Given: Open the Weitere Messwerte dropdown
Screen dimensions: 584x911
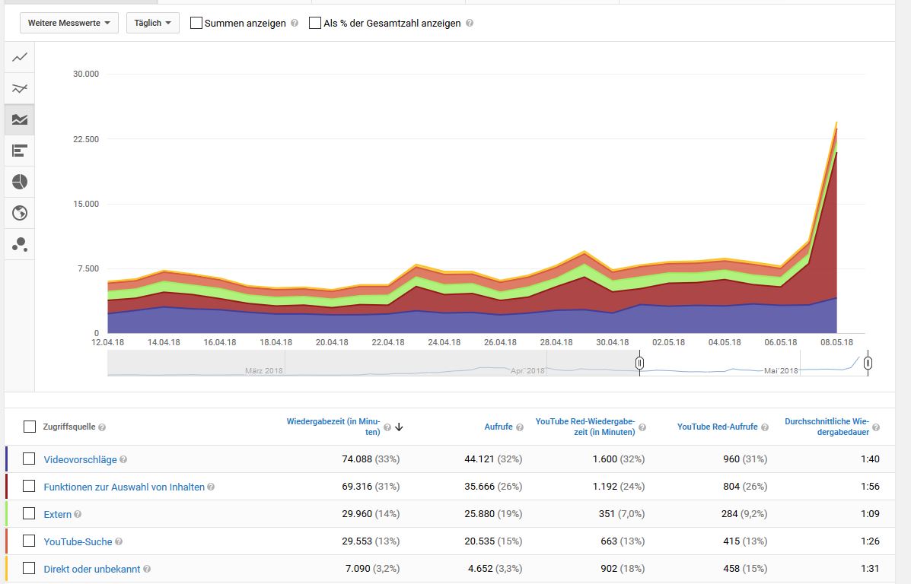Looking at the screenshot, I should coord(68,23).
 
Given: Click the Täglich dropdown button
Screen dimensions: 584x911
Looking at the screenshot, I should coord(152,23).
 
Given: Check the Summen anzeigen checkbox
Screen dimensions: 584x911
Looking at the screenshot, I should coord(196,23).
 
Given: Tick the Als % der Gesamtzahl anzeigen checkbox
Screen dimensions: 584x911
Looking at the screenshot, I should coord(315,23).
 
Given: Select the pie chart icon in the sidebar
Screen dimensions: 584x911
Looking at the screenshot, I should coord(20,182).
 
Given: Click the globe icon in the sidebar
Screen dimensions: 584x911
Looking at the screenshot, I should coord(20,213).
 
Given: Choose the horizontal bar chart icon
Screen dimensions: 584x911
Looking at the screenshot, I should coord(20,151).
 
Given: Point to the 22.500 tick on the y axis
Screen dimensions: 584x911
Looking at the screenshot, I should coord(85,139).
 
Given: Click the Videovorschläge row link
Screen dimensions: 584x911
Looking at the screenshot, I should coord(80,459).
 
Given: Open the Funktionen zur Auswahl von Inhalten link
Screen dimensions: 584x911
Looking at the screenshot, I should coord(124,487).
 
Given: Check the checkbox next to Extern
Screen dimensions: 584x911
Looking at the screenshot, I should coord(29,513).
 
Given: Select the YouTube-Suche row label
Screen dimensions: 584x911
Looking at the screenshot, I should coord(78,541).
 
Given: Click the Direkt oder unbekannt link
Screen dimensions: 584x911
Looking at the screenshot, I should coord(91,569).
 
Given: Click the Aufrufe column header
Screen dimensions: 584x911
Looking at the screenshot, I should coord(499,427).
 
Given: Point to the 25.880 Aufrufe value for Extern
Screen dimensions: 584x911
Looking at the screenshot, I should coord(483,514).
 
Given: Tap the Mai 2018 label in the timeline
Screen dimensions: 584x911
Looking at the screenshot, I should coord(781,370).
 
